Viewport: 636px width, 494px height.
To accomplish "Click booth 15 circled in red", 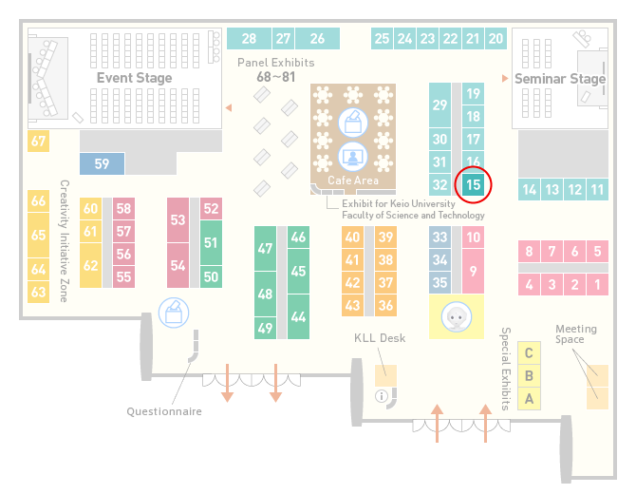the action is (x=473, y=185).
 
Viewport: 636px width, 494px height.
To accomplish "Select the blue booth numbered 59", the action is (x=102, y=163).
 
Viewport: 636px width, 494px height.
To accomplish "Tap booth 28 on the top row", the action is (x=249, y=39).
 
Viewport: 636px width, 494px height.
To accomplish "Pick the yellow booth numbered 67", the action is (x=38, y=142).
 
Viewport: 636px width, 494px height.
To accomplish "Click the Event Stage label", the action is (x=134, y=78).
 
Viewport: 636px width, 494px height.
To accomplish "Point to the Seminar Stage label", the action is (x=560, y=78).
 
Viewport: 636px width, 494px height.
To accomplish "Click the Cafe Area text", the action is (x=353, y=180).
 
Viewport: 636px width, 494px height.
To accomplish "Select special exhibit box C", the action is (x=529, y=353).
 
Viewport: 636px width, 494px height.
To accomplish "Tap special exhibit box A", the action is (x=529, y=399).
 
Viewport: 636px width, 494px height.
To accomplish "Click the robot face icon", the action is (x=457, y=316).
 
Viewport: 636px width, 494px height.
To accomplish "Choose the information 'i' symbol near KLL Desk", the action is (x=382, y=396).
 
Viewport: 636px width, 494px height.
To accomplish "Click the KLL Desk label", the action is (x=380, y=338).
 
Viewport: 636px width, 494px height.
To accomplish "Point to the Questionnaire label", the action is (x=164, y=411).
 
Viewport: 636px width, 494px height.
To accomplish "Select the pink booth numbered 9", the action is (x=473, y=271).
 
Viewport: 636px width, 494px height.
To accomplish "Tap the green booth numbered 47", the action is (x=265, y=248).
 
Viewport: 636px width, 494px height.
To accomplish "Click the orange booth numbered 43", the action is (x=352, y=305).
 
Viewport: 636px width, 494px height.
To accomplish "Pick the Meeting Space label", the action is (x=576, y=334).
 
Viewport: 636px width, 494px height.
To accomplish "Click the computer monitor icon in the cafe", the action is (x=353, y=157).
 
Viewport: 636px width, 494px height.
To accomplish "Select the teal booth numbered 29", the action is (x=440, y=105).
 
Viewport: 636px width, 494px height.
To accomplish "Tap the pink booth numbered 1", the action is (x=597, y=285).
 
